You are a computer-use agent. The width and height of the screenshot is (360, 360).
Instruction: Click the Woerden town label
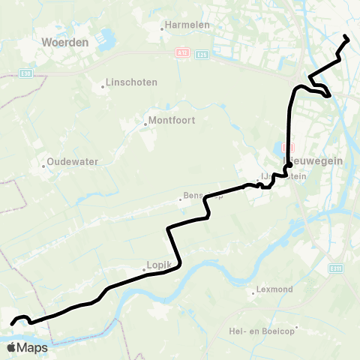(65, 43)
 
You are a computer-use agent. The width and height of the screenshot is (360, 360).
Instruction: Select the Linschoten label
(129, 81)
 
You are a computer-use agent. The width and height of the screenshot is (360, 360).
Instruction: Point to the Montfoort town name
(173, 119)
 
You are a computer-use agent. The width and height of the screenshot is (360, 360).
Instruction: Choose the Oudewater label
(73, 161)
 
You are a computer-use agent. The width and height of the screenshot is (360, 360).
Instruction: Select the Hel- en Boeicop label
(263, 328)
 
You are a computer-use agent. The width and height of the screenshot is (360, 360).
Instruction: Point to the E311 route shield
(336, 268)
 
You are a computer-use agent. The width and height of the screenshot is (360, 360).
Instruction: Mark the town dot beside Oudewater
(44, 166)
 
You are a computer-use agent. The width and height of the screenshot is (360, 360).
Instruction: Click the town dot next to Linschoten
(103, 86)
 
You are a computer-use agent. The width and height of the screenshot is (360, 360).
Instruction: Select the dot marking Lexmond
(253, 293)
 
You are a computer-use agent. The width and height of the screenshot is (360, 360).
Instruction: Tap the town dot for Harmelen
(162, 29)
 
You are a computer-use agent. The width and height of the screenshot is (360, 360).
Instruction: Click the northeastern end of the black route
(345, 37)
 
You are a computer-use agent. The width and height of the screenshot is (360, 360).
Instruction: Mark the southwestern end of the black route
(12, 324)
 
